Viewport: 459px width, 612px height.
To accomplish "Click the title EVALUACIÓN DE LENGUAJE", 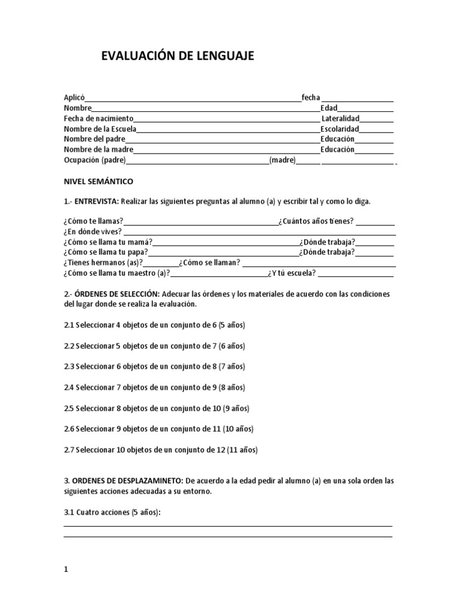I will point(178,56).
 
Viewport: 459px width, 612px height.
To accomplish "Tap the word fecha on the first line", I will point(311,98).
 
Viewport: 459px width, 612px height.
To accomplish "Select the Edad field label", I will point(329,108).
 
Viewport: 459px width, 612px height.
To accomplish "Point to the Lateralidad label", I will point(340,119).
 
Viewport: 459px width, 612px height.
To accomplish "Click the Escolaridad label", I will point(339,129).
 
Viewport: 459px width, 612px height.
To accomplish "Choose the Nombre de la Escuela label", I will point(100,129).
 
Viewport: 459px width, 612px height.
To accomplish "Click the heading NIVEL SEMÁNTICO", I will point(99,180).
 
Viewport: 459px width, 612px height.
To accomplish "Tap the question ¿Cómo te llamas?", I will point(93,221).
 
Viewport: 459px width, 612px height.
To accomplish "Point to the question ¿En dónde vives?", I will point(93,231).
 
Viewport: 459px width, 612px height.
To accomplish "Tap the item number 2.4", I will point(69,387).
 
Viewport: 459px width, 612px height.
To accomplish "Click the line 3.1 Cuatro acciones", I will point(112,512).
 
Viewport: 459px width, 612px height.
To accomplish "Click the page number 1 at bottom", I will point(66,570).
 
